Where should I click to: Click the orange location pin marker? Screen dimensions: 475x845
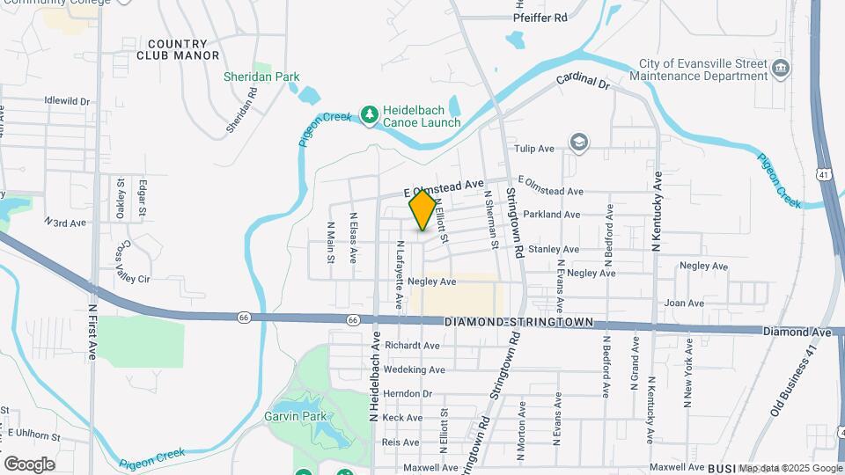[422, 210]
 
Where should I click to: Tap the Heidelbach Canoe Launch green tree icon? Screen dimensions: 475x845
[370, 114]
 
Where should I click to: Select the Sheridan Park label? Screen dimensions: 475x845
[261, 77]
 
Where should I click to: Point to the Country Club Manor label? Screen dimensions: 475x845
[178, 49]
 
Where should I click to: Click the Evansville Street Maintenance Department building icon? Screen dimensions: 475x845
[780, 69]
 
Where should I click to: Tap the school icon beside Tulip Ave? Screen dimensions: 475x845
[578, 142]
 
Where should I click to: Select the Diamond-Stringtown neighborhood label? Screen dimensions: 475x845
[519, 323]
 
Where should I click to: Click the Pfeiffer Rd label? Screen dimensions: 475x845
[555, 17]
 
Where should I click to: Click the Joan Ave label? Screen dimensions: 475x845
[684, 303]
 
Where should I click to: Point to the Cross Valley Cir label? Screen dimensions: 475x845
[136, 261]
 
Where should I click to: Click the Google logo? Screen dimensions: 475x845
[29, 464]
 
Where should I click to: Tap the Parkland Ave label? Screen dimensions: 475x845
[551, 215]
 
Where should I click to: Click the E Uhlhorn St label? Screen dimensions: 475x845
[33, 435]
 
